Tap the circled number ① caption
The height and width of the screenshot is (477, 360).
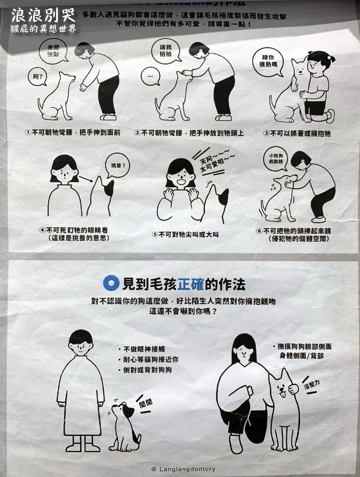pos(70,133)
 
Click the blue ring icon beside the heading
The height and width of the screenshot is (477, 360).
pos(112,282)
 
